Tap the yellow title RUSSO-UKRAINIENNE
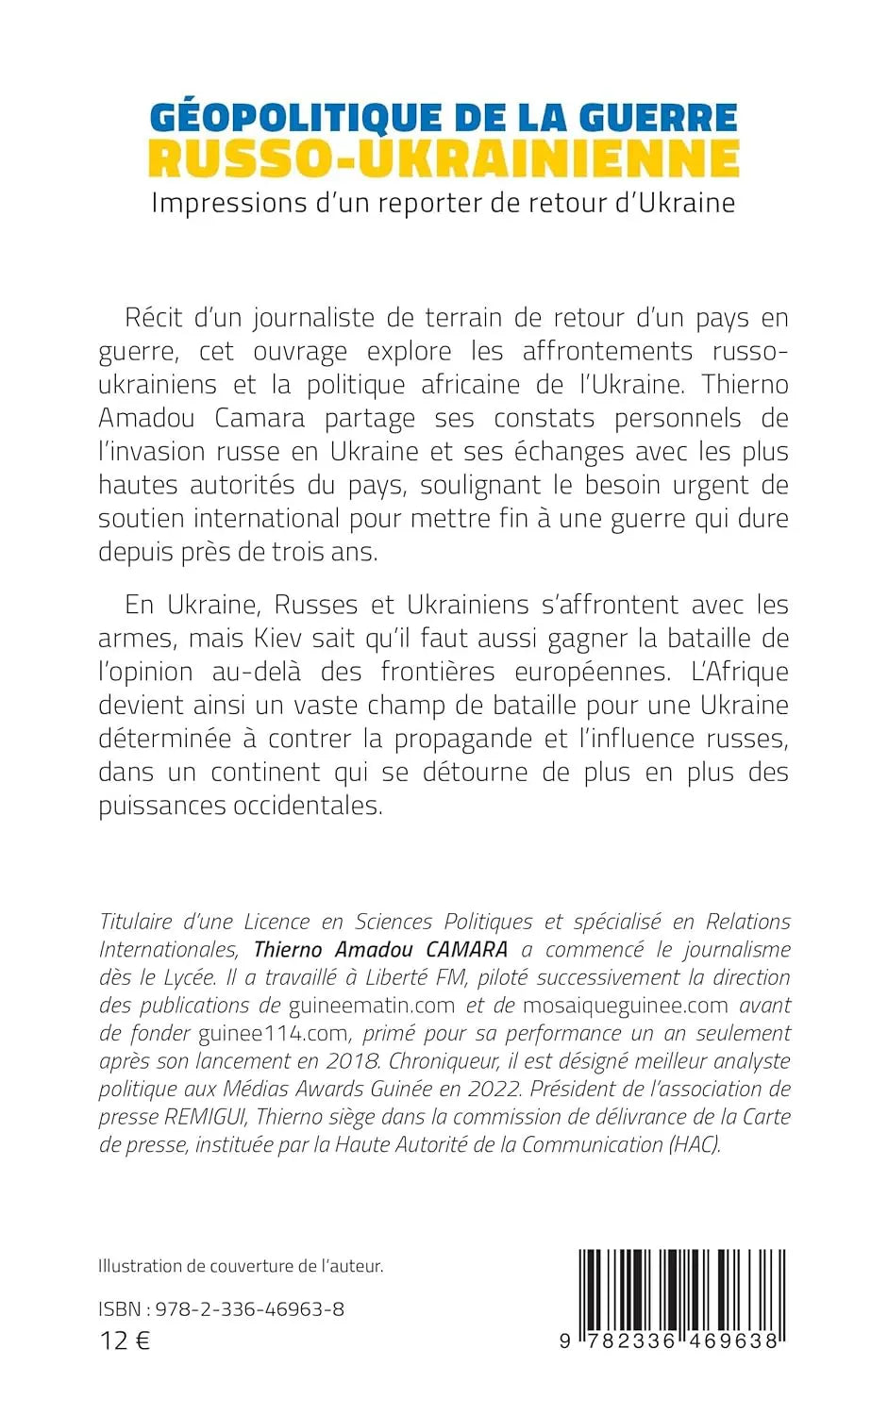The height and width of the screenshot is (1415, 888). (x=444, y=159)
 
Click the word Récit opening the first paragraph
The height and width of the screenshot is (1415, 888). (x=157, y=318)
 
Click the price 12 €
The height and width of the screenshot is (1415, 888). (x=125, y=1340)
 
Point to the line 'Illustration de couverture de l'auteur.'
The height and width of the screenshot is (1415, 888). (x=241, y=1266)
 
